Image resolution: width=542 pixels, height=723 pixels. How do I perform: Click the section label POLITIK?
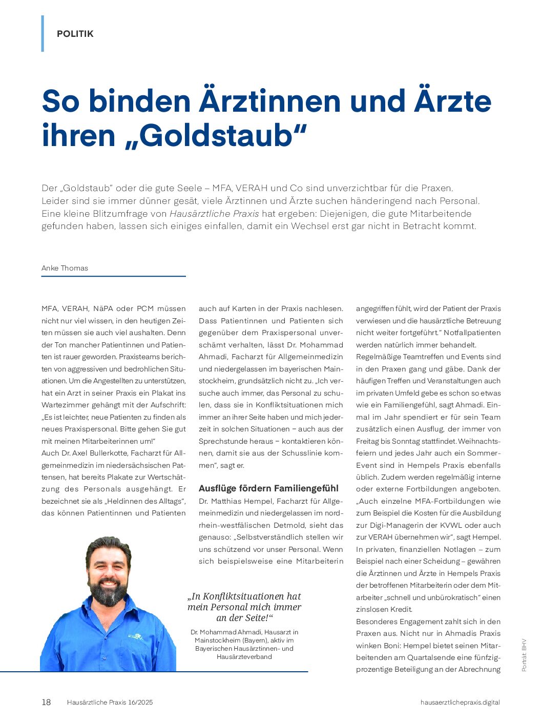75,34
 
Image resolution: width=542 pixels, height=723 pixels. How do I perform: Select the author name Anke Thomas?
65,268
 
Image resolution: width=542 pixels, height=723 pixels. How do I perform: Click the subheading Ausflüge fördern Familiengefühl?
268,488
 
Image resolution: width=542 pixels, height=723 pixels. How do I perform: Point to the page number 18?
46,702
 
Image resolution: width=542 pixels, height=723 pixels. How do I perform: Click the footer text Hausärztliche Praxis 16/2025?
110,703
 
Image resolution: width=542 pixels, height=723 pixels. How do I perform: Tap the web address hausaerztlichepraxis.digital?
460,703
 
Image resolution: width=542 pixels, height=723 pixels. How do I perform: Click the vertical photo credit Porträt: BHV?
524,654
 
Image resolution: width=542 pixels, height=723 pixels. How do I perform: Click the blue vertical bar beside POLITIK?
43,34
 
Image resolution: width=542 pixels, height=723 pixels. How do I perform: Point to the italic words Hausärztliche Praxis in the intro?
214,214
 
